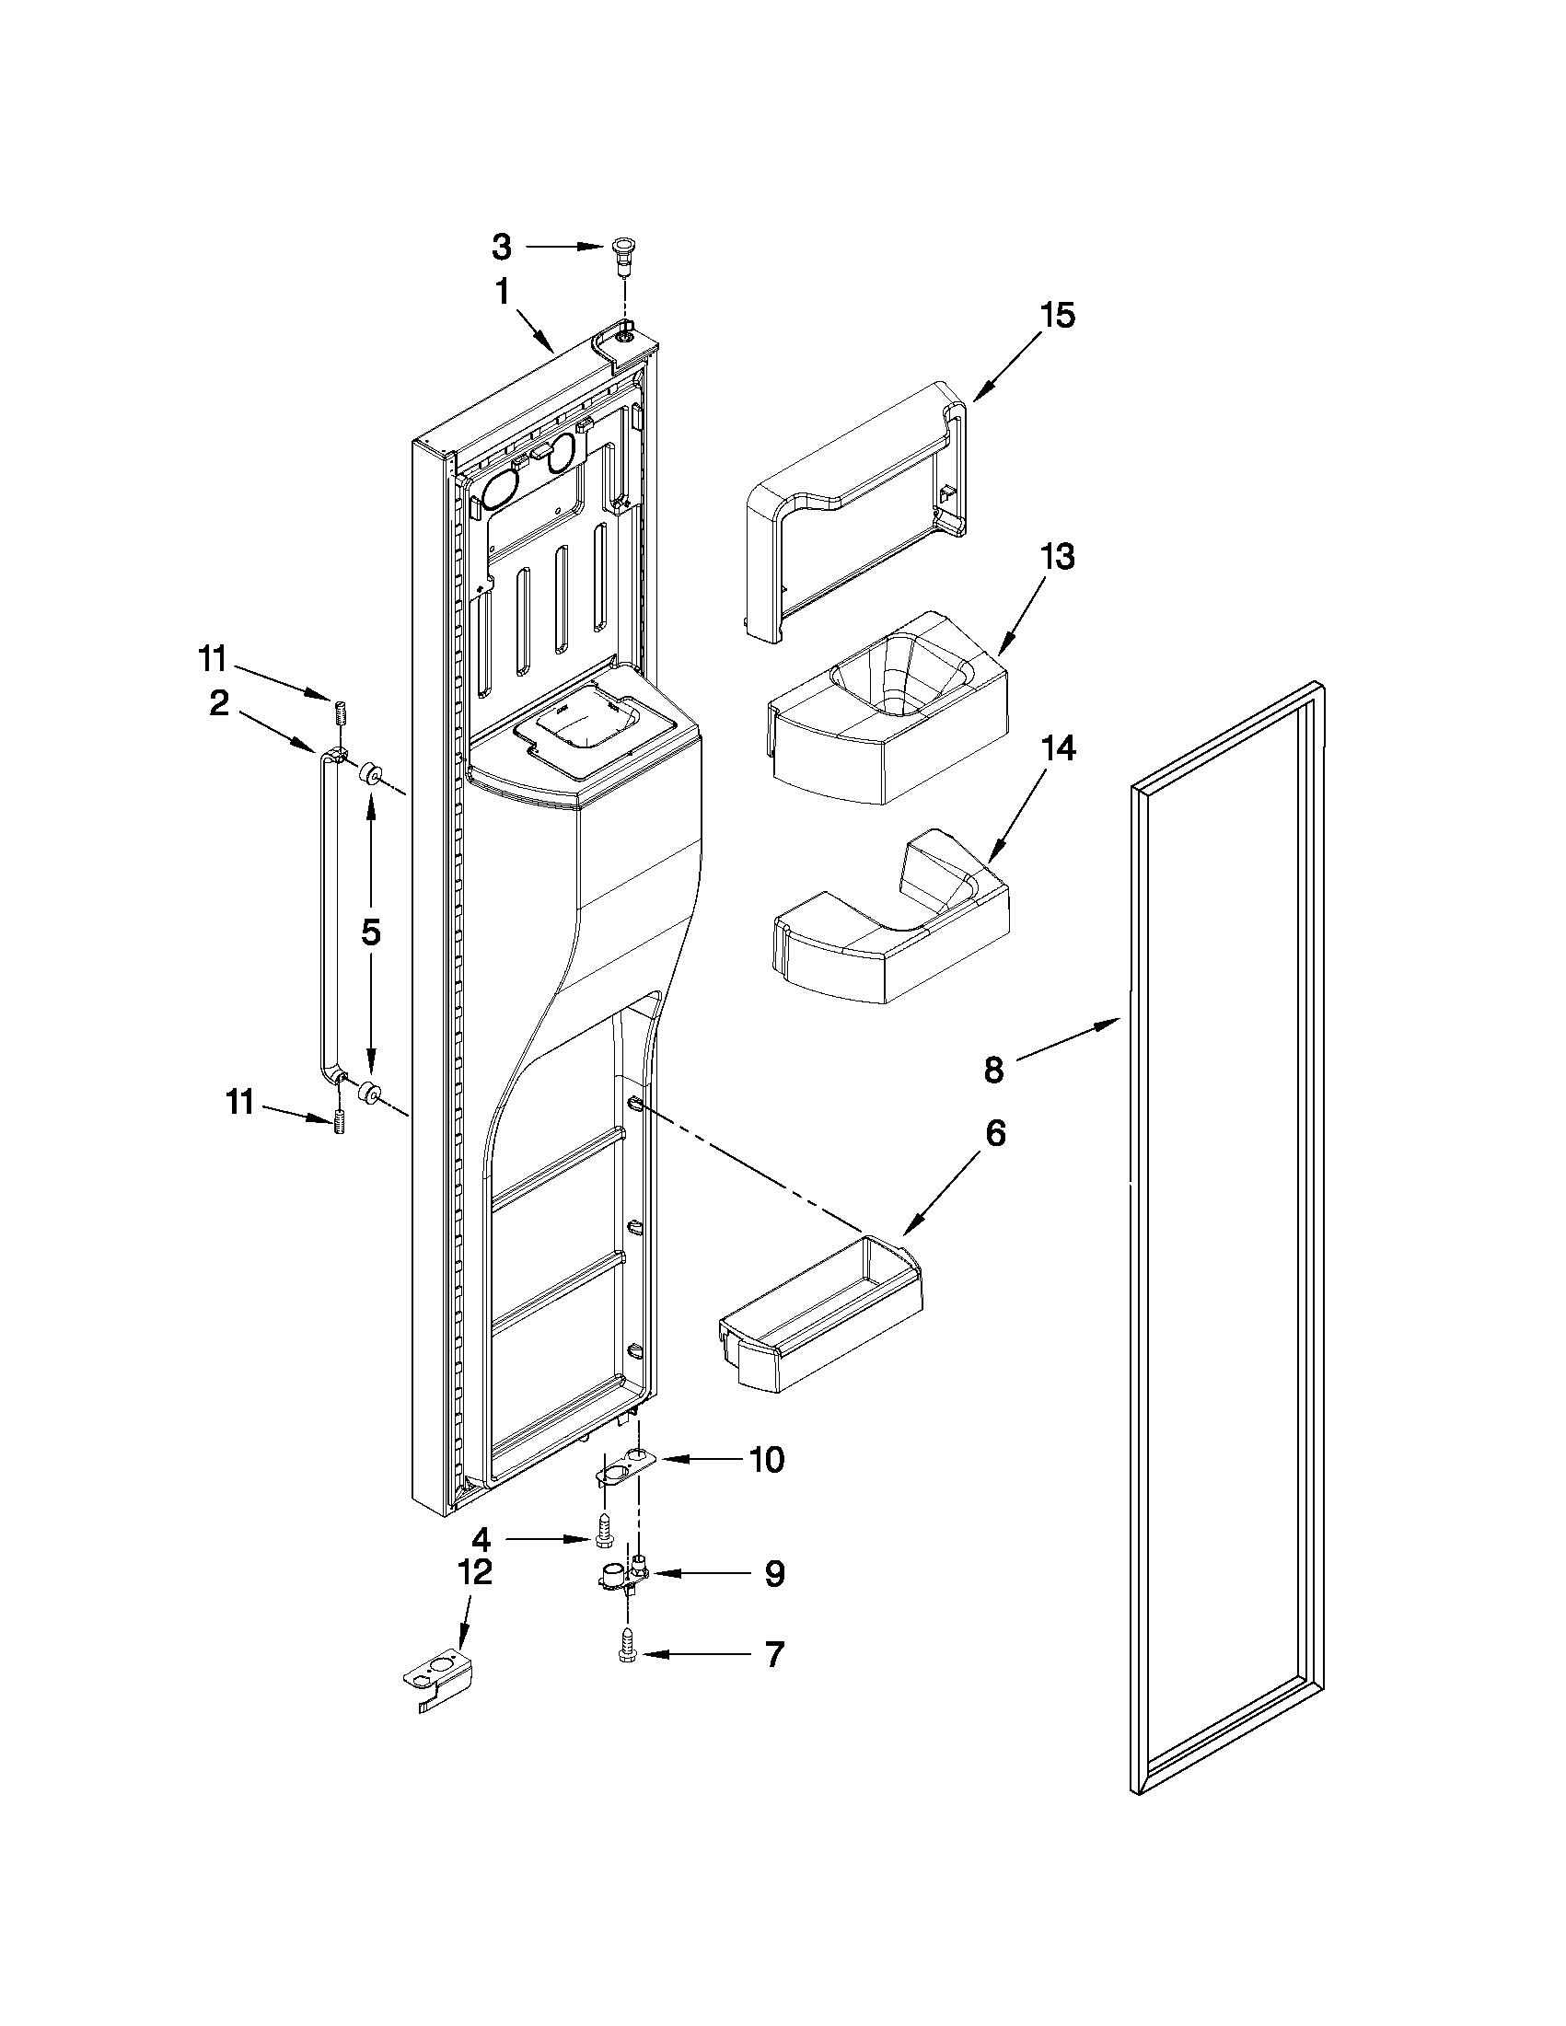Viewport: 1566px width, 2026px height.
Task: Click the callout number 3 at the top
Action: click(501, 247)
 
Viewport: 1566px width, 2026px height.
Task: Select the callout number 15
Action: click(1057, 316)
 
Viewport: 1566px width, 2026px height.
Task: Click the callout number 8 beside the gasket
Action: click(993, 1070)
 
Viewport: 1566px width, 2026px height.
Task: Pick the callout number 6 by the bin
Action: click(994, 1134)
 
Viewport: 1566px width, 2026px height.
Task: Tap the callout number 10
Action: click(766, 1460)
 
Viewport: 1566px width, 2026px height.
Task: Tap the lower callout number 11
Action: click(239, 1104)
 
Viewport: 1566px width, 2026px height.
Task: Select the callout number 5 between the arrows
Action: click(371, 932)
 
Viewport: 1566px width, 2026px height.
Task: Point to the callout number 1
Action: click(502, 293)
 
